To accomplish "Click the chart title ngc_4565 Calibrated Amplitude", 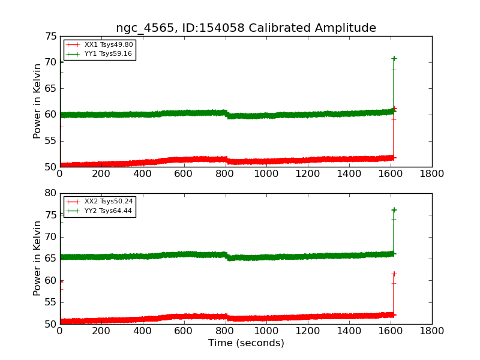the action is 246,28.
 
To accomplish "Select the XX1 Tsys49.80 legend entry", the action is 99,44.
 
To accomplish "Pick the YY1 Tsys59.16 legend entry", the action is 99,54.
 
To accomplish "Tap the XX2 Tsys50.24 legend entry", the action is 99,202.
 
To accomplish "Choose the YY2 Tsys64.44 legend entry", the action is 99,211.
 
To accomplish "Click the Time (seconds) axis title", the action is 246,343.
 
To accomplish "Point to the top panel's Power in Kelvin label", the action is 37,101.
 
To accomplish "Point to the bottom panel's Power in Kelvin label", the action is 37,259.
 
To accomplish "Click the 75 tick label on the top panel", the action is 51,37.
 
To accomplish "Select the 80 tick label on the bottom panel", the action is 51,193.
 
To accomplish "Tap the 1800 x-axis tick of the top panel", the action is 431,174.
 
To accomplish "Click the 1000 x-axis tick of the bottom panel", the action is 266,331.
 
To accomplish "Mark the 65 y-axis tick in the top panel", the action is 51,89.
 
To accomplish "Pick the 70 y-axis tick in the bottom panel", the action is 51,237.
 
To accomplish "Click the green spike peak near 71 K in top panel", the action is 394,58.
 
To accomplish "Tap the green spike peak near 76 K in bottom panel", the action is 394,210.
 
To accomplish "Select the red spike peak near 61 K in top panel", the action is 394,109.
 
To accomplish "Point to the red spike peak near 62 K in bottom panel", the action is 394,274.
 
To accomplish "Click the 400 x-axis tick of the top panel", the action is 142,174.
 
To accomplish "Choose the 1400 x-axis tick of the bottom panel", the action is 349,331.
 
